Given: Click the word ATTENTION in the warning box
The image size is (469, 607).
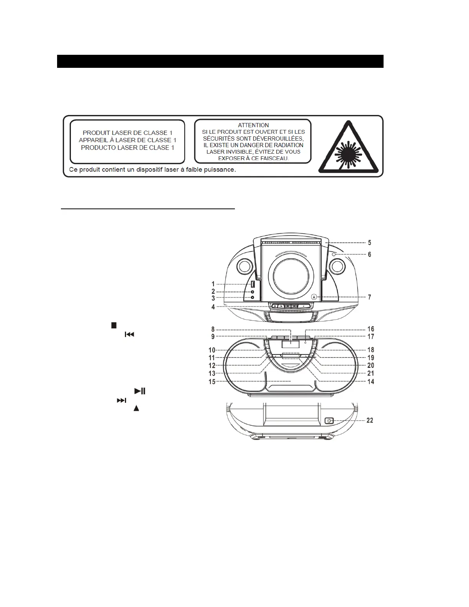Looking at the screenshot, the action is pos(253,125).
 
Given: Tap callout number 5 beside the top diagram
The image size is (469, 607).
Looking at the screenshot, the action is pos(369,243).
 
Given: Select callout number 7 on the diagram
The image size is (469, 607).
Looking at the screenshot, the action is pos(369,297).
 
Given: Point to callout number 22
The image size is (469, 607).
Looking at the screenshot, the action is pos(370,420).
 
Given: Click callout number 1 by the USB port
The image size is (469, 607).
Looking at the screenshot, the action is pos(213,284).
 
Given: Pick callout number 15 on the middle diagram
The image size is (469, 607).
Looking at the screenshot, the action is pos(212,381).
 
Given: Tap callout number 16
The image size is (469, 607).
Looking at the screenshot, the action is pos(371,329).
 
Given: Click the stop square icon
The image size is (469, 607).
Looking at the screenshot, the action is pos(113,325).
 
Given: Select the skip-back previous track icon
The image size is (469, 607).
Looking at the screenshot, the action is pos(130,335).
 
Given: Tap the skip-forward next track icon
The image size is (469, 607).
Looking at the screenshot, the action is pos(121,400).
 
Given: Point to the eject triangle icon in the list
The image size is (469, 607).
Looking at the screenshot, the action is pos(136,408).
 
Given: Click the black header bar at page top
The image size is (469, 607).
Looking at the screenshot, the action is pos(220,61).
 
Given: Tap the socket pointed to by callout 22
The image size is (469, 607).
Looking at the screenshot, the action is pos(329,421).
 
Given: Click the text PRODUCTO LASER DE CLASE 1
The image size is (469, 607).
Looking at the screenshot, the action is pos(128,148).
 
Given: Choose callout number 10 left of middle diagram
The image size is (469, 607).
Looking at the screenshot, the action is pos(212,350).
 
